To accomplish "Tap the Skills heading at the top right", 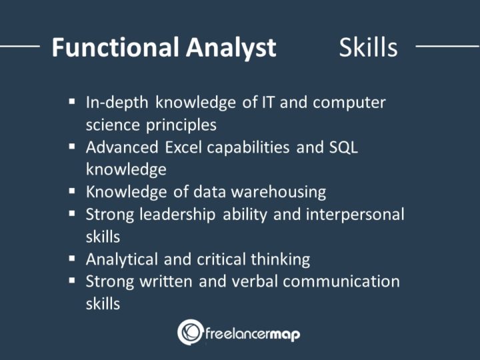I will click(x=368, y=48).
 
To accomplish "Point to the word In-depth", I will click(x=118, y=103).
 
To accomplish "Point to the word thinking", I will click(x=280, y=259).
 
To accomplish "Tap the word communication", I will click(x=341, y=281).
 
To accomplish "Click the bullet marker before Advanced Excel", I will click(x=72, y=147).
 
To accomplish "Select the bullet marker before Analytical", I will click(x=72, y=259).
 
